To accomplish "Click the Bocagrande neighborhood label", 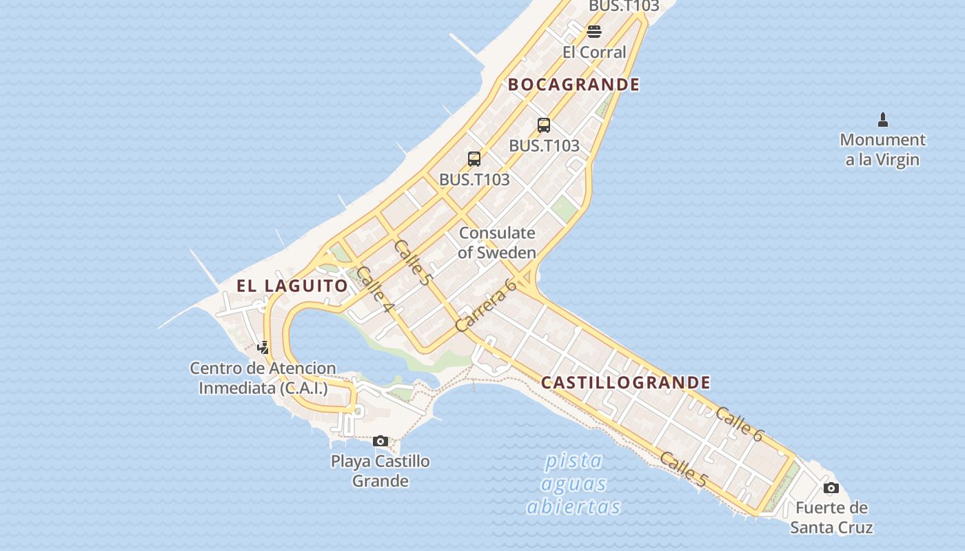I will tap(573, 85).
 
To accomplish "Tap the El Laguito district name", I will tap(292, 286).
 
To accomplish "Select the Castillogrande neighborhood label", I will tap(625, 383).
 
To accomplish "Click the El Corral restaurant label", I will tap(594, 52).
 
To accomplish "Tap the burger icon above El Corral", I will tap(594, 31).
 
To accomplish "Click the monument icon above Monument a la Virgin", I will tap(883, 120).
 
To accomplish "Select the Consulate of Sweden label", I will tap(497, 242).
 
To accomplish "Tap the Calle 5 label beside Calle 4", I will tap(412, 262).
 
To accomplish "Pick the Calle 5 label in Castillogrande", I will tap(682, 470).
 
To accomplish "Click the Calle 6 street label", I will tap(740, 424).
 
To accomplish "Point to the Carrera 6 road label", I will tap(486, 304).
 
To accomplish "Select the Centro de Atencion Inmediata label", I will tap(263, 378).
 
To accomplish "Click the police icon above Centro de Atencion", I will tap(263, 348).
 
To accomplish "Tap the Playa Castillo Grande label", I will tap(380, 471).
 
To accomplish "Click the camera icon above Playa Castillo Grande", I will tap(380, 441).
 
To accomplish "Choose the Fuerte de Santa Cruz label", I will tap(831, 518).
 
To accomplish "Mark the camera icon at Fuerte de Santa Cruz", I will tap(831, 488).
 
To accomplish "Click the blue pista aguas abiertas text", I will tap(573, 484).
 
